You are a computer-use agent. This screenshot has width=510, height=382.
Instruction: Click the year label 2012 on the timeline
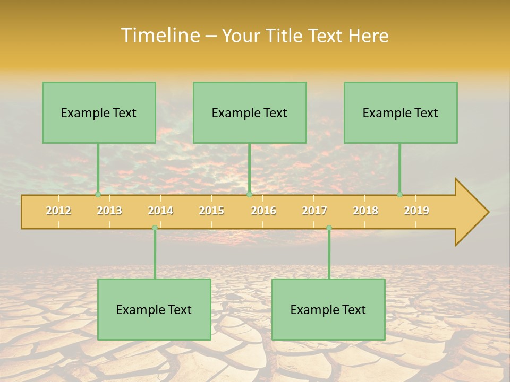[x=58, y=211]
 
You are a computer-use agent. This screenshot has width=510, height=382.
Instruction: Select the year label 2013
[x=109, y=211]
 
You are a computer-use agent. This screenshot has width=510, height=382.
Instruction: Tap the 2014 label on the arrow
[x=160, y=211]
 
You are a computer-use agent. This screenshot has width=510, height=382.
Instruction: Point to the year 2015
[x=211, y=211]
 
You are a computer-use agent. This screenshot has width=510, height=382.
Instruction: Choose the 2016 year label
[x=263, y=211]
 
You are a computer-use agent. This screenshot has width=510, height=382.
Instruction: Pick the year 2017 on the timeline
[x=314, y=211]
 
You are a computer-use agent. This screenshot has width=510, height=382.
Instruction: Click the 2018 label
[x=365, y=211]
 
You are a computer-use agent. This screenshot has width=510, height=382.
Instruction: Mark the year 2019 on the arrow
[x=416, y=211]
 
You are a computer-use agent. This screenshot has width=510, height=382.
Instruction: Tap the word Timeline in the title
[x=160, y=36]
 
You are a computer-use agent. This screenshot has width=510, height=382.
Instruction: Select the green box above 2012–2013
[x=99, y=112]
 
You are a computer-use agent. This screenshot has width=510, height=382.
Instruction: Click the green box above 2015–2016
[x=250, y=112]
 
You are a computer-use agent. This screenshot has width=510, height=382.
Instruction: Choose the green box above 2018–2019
[x=401, y=112]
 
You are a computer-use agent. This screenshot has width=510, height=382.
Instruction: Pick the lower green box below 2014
[x=154, y=309]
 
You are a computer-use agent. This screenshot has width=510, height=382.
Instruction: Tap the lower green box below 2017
[x=328, y=309]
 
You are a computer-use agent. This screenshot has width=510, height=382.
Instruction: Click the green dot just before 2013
[x=98, y=195]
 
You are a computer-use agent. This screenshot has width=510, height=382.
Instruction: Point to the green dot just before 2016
[x=250, y=195]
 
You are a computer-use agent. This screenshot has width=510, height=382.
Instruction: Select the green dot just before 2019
[x=400, y=195]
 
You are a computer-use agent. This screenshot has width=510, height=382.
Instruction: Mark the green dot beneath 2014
[x=155, y=228]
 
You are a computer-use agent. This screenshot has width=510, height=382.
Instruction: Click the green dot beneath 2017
[x=329, y=228]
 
